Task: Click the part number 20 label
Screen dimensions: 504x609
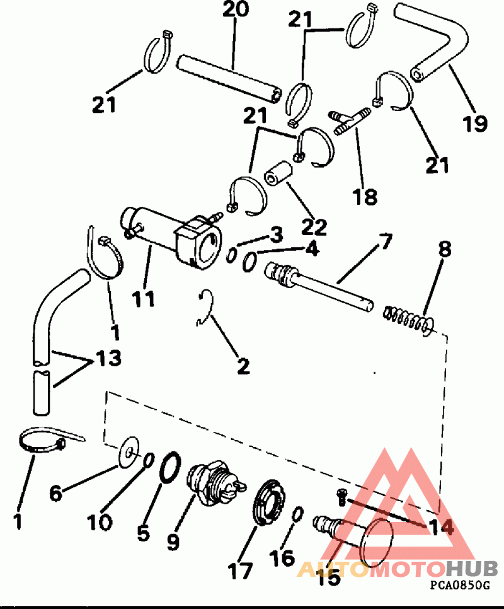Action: (x=236, y=9)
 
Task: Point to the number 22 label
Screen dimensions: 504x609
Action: (x=314, y=226)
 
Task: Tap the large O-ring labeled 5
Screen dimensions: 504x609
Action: (x=170, y=467)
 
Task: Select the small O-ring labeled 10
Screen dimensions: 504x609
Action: (x=149, y=460)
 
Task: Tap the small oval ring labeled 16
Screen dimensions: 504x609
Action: (x=297, y=514)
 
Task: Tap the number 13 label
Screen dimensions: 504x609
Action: (x=108, y=357)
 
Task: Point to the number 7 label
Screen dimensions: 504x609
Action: (x=384, y=241)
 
